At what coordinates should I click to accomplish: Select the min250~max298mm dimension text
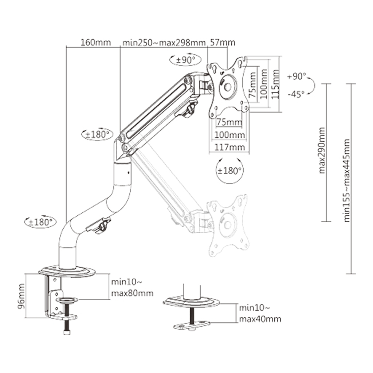click(164, 43)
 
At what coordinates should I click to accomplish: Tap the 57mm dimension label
click(222, 43)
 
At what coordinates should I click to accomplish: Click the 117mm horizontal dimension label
click(229, 147)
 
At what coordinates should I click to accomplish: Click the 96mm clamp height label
click(22, 296)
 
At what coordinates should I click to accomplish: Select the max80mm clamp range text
click(132, 293)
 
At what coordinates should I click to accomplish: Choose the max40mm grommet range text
click(260, 319)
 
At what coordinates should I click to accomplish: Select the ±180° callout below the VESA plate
click(229, 170)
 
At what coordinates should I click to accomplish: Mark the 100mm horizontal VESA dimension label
click(229, 135)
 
